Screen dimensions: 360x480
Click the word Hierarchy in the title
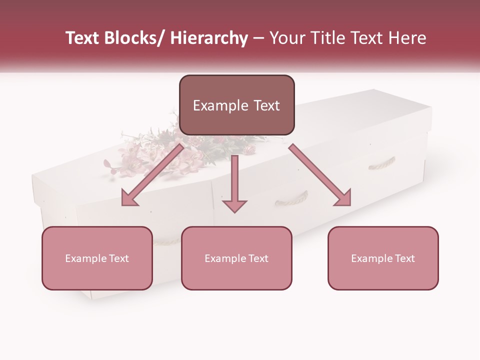click(209, 38)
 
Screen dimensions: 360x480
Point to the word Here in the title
click(407, 38)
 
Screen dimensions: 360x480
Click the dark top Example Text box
click(236, 105)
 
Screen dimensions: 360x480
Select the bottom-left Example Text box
click(97, 258)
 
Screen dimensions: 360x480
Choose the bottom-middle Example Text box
click(236, 258)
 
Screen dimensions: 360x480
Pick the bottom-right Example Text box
click(383, 258)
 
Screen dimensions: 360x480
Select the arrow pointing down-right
click(320, 175)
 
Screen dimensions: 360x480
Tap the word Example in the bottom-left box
click(86, 258)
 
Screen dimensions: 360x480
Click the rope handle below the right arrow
click(291, 198)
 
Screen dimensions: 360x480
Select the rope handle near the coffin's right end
click(382, 163)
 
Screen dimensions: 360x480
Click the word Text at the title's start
click(82, 38)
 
